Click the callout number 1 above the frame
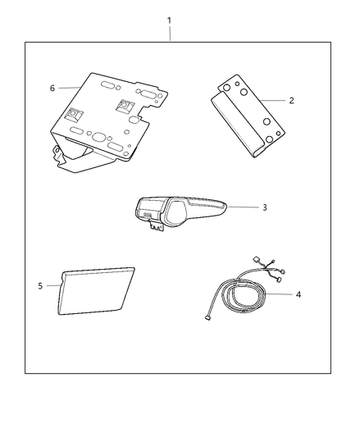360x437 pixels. (169, 20)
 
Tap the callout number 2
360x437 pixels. (291, 100)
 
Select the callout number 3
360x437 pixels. (265, 207)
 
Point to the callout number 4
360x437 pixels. (298, 294)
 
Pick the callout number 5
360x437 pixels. (40, 285)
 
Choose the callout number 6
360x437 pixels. (52, 88)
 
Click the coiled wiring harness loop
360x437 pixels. (244, 296)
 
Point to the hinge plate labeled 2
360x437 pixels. (248, 116)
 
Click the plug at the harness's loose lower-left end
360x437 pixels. (207, 318)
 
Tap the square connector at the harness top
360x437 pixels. (257, 260)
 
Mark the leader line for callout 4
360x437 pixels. (279, 294)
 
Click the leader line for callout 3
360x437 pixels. (244, 207)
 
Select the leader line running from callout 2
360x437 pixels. (272, 100)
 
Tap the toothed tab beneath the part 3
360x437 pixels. (156, 225)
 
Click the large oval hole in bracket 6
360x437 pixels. (98, 137)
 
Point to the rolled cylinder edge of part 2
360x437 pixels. (238, 125)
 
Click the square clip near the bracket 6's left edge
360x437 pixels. (74, 114)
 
